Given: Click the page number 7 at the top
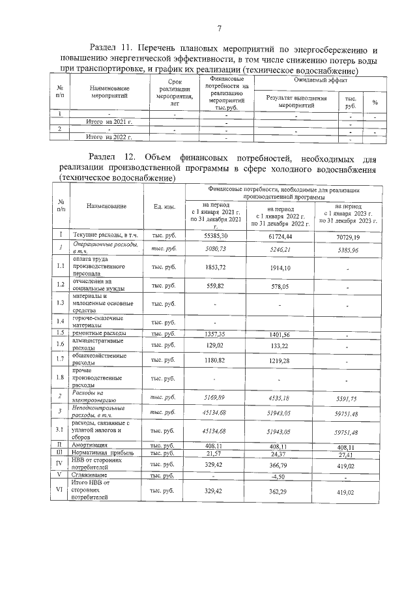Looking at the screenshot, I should [x=220, y=27].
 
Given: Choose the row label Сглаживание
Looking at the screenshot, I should [x=91, y=475].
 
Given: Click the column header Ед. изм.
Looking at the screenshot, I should [x=164, y=207].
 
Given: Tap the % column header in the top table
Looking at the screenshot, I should [x=375, y=102].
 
